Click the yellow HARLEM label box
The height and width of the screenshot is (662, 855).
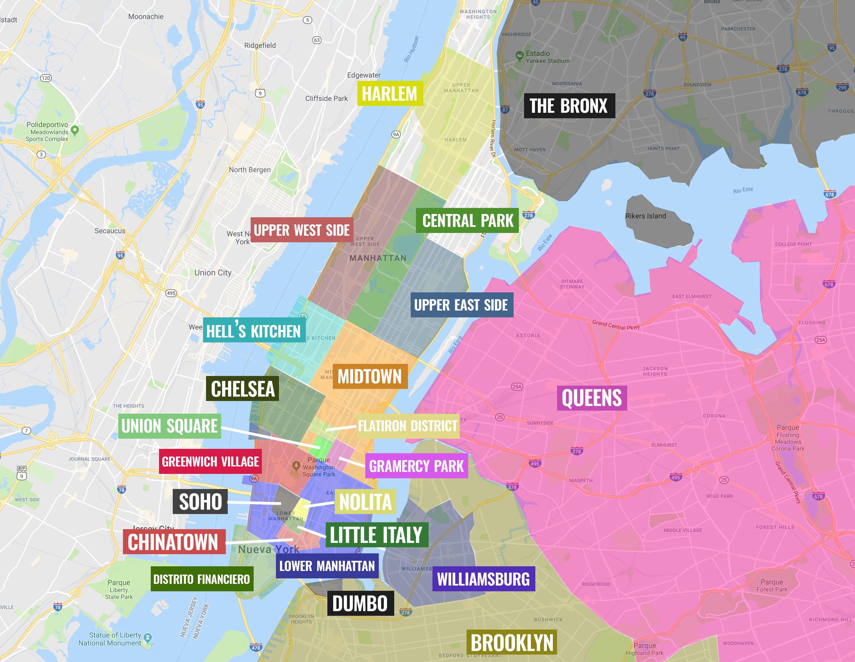(390, 94)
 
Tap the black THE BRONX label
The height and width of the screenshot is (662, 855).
(569, 106)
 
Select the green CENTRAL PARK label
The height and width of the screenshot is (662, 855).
(467, 221)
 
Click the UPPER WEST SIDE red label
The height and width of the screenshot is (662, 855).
(302, 230)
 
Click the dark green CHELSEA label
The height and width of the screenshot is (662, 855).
(242, 389)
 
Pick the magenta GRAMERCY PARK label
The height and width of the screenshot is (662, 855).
(416, 466)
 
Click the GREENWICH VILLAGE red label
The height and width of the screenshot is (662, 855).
(210, 462)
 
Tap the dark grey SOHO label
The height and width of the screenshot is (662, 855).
(200, 501)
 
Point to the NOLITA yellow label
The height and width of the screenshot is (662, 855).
(365, 501)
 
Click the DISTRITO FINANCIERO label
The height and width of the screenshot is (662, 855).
(202, 579)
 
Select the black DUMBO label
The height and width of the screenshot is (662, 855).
(360, 603)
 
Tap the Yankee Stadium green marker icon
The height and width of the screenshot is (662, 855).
(519, 56)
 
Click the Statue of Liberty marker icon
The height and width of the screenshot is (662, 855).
(147, 637)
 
